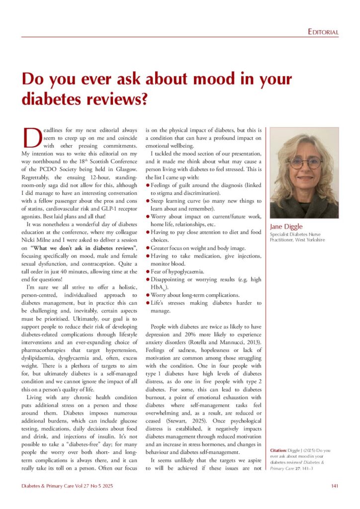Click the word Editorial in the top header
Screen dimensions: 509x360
click(x=323, y=32)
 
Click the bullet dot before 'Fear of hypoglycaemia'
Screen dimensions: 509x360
click(x=147, y=272)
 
